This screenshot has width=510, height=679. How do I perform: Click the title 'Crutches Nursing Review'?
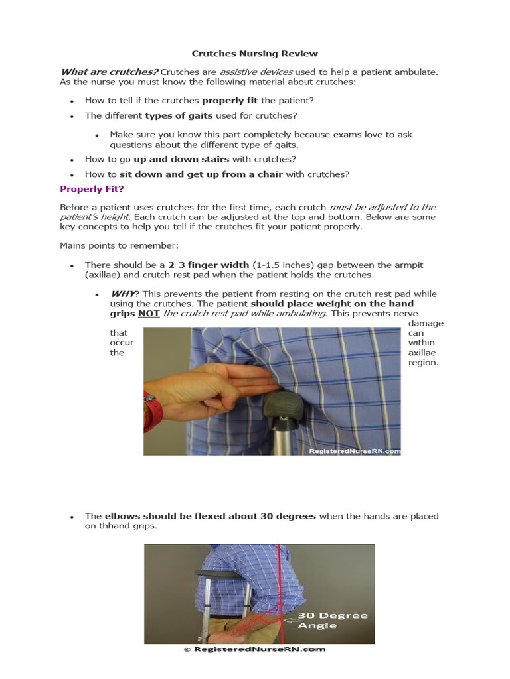click(255, 54)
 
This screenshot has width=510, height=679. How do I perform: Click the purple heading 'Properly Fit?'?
click(87, 189)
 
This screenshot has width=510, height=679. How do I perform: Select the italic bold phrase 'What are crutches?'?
click(108, 72)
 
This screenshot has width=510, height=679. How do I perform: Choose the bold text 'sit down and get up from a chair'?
click(201, 174)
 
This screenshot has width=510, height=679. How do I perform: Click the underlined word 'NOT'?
click(149, 314)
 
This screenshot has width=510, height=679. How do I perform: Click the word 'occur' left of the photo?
click(122, 343)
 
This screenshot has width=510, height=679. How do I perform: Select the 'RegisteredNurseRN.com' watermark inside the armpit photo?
click(355, 451)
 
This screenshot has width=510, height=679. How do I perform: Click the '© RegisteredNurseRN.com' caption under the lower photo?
click(255, 650)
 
